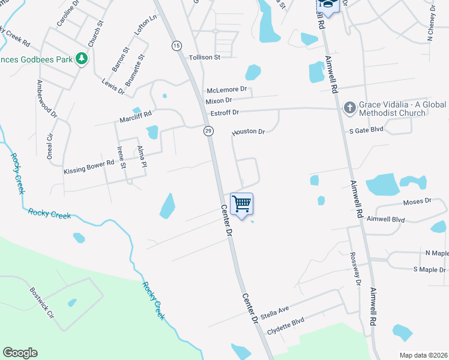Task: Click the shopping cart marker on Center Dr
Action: coord(241,204)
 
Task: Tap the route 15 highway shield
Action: coord(176,46)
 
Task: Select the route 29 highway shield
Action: coord(208,131)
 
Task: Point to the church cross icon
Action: coord(349,107)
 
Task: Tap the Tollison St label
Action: coord(205,57)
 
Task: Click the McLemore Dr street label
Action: coord(226,89)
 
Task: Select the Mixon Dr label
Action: coord(219,101)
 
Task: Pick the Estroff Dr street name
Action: coord(224,113)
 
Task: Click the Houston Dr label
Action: coord(249,131)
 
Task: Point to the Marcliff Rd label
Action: coord(135,116)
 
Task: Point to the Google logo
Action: coord(20,353)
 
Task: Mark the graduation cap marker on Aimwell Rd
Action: coord(328,5)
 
